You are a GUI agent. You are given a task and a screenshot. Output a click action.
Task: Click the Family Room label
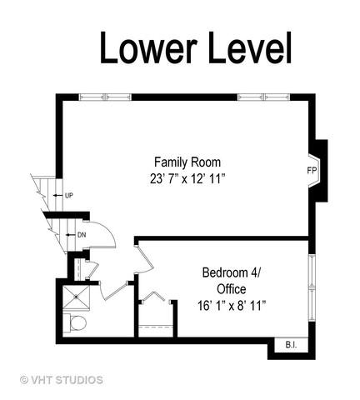point(187,162)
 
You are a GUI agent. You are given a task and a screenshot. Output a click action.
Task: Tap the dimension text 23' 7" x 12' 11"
point(187,178)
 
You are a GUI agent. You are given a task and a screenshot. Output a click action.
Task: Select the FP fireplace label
point(312,170)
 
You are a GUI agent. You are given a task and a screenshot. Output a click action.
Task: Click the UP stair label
point(69,196)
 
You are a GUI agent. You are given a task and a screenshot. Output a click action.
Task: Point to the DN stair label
point(82,235)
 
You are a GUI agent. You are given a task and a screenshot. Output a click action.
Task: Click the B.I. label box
point(291,345)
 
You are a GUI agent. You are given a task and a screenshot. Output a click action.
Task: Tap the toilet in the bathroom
point(76,322)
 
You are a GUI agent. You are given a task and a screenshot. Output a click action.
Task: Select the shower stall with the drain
point(76,297)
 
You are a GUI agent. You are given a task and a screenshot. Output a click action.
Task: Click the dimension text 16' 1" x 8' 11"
point(232,306)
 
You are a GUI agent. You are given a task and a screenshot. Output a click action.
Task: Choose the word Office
point(232,289)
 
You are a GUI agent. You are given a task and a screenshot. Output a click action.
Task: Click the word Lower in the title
point(149,47)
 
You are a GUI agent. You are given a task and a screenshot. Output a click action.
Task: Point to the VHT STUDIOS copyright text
point(62,380)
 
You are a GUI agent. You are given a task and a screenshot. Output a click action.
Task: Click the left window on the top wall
point(105,97)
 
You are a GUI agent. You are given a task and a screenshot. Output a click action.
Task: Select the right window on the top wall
point(263,97)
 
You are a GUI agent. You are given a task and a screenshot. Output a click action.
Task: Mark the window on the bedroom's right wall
point(312,287)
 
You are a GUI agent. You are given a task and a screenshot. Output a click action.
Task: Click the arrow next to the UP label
point(58,196)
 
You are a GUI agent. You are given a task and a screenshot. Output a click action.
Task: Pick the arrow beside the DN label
point(71,235)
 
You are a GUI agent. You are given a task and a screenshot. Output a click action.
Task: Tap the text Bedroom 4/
point(231,272)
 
